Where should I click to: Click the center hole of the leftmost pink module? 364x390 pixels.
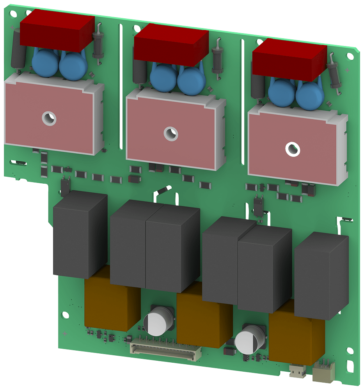coord(49,117)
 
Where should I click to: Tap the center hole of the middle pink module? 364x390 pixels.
coord(170,134)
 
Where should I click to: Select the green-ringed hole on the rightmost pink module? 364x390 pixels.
coord(292,148)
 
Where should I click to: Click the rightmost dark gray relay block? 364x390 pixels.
coord(321,275)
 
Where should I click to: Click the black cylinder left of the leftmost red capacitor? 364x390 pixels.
coord(17,51)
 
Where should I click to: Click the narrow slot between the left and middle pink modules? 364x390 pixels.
coord(121,90)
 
